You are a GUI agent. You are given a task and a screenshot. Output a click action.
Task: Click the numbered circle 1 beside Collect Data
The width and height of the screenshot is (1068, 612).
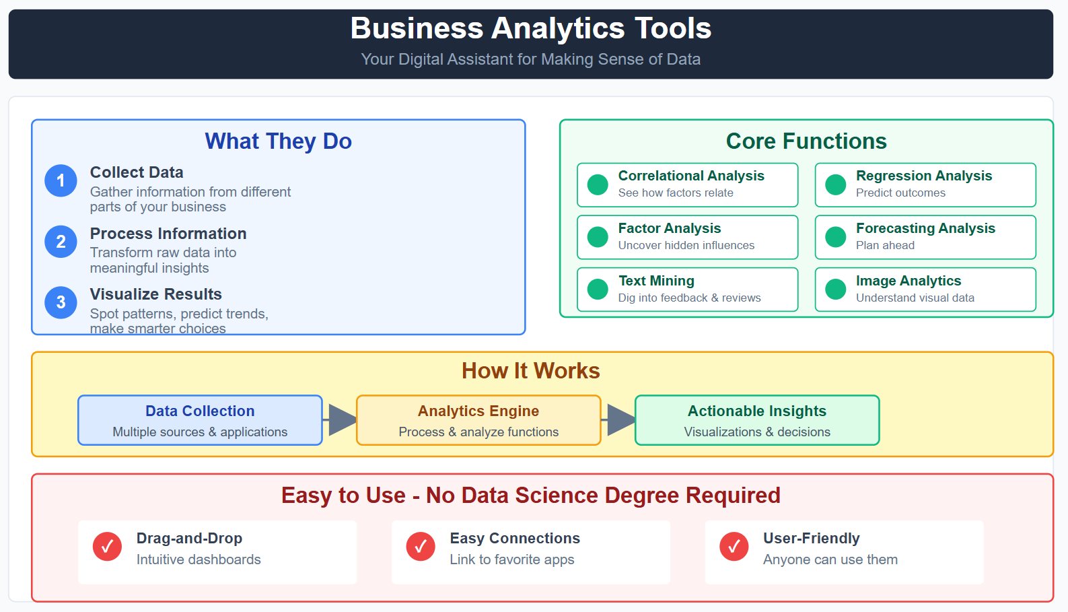pos(61,181)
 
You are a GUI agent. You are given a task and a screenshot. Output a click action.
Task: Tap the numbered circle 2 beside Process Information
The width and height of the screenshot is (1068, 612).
pos(61,242)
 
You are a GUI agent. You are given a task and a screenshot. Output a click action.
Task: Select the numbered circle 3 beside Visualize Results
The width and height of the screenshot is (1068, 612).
pos(61,302)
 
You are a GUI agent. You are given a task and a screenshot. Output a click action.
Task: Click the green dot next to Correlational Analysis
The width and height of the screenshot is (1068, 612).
pos(598,184)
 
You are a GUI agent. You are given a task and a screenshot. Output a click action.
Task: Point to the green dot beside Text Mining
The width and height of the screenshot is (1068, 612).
pos(598,290)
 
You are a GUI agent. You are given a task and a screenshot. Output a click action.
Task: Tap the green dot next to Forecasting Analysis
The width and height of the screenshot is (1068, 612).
pos(835,237)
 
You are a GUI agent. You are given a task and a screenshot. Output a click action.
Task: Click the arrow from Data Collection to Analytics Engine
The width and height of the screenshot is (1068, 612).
pos(339,419)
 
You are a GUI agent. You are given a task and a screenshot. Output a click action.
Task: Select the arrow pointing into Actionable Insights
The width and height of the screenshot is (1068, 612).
pos(618,419)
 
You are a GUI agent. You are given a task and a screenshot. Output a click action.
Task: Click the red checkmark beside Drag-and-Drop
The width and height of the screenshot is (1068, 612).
pos(107,546)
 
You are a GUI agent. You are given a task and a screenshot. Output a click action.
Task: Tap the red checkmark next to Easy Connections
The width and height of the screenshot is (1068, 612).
pos(421,546)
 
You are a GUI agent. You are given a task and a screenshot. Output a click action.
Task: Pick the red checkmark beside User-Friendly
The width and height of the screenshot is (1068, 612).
pos(734,546)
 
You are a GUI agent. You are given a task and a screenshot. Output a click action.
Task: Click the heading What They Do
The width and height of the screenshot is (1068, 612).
pos(279,141)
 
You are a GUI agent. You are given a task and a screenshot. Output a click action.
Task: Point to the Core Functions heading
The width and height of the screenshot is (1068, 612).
pos(806,141)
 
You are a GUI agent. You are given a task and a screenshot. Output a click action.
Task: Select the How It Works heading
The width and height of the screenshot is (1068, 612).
pos(531,371)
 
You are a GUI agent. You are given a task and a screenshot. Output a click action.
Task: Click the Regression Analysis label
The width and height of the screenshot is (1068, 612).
pos(924,176)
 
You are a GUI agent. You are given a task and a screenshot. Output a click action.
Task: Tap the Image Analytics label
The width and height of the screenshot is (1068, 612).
pos(909,281)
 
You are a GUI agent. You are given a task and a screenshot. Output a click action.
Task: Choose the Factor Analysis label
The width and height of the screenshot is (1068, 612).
pos(670,228)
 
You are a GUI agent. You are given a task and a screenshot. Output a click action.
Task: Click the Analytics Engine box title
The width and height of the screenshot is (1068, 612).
pos(478,411)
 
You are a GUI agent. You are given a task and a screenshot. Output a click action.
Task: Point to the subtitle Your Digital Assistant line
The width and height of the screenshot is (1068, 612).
pos(531,59)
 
